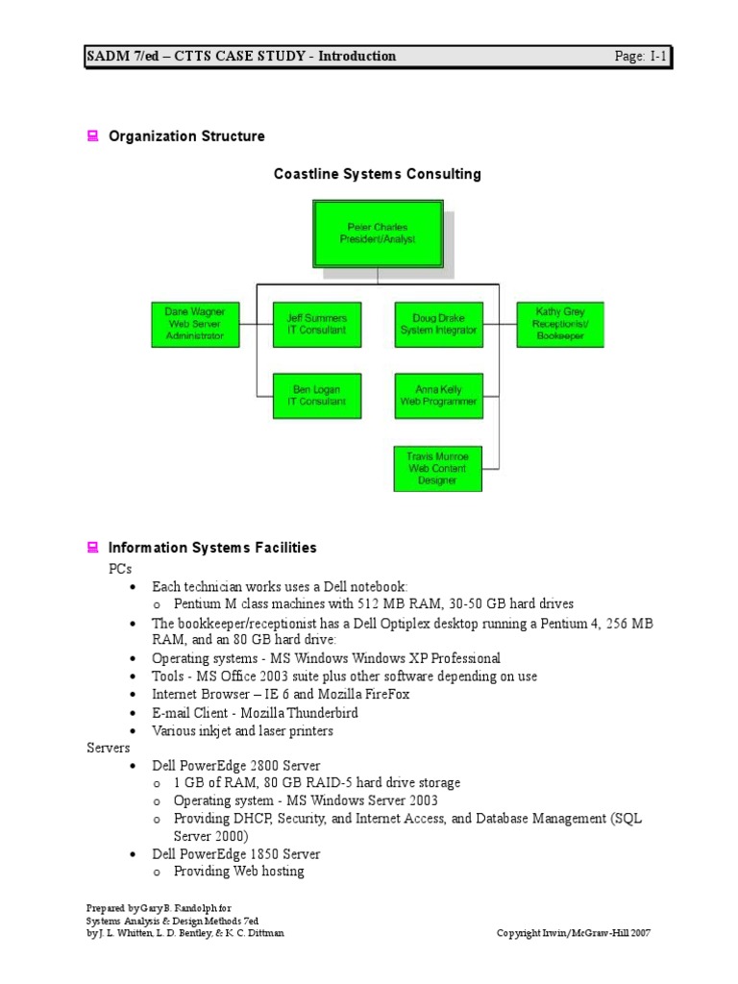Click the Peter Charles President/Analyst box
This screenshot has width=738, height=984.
click(378, 234)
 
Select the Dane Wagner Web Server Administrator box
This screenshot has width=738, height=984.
click(195, 325)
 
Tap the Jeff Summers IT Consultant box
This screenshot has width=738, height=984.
click(317, 325)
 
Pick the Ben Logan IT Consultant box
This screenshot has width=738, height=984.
click(317, 396)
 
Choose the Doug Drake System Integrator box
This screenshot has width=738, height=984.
click(438, 325)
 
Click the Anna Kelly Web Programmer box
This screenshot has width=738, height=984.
click(438, 396)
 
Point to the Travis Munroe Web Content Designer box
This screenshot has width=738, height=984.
click(438, 468)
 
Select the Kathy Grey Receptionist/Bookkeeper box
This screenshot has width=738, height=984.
click(560, 325)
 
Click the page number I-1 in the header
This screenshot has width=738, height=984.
click(657, 57)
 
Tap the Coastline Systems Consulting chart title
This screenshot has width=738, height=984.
click(378, 174)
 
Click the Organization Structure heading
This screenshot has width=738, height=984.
click(186, 136)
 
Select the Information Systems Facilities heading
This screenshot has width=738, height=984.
click(212, 548)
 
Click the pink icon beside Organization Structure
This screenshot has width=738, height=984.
click(93, 136)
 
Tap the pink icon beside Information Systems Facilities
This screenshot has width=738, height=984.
click(93, 548)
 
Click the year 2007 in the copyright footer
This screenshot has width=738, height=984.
click(642, 933)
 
